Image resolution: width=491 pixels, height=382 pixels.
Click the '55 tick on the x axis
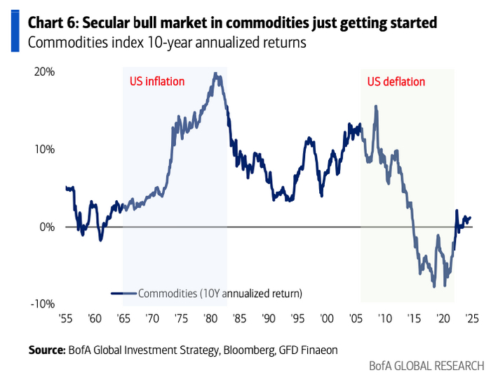click(x=65, y=318)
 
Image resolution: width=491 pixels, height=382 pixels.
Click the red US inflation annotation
click(x=157, y=81)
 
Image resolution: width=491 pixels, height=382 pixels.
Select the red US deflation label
click(x=396, y=81)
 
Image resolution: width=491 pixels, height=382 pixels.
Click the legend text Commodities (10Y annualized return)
click(x=221, y=293)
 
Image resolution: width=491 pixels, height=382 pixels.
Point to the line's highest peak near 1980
click(x=216, y=73)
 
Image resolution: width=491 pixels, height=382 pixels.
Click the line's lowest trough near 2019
click(x=435, y=286)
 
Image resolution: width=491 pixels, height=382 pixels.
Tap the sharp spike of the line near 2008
click(x=376, y=106)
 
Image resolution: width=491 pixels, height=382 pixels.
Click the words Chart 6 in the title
click(x=51, y=23)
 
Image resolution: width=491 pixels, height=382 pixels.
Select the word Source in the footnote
click(x=46, y=349)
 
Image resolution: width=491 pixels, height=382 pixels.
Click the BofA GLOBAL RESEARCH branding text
click(x=426, y=366)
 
